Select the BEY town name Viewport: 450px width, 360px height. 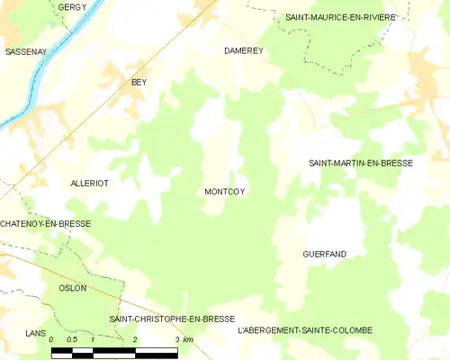(139, 82)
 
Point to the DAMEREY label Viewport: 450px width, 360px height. (243, 51)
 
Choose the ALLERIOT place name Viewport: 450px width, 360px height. (89, 183)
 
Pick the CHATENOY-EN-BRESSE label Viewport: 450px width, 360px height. (45, 223)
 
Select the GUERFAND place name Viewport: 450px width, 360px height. (325, 255)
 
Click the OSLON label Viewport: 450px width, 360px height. (72, 288)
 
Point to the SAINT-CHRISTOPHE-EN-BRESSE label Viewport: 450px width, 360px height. (171, 319)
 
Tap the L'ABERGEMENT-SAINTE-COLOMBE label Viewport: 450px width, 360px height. (305, 330)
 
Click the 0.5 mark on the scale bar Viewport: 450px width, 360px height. (72, 339)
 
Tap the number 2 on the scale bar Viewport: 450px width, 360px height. (135, 339)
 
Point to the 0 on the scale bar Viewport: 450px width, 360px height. (51, 339)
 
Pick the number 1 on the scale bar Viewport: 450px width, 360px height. (93, 339)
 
